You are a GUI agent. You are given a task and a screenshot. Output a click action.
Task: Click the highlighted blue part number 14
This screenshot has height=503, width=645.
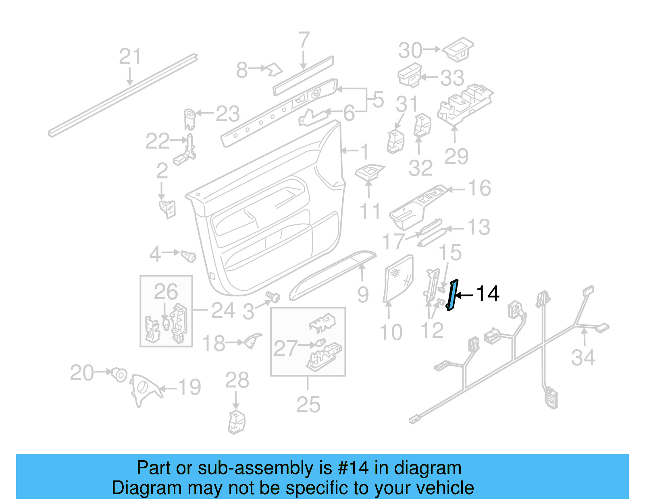coord(452,295)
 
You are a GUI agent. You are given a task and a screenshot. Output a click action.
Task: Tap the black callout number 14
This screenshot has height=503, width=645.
coord(487,294)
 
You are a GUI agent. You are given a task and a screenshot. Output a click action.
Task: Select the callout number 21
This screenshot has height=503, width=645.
coord(130,56)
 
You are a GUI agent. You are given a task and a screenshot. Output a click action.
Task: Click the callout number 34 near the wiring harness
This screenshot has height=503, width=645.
coord(583,358)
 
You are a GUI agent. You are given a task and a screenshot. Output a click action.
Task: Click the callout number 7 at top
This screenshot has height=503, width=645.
coord(304,40)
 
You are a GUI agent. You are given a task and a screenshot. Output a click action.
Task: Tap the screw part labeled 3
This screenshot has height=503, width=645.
coord(274,298)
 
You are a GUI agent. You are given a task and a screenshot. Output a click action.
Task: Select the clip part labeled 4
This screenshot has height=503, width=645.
coord(188,255)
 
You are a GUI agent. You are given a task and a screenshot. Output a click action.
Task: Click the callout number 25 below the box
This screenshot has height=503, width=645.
coord(308,404)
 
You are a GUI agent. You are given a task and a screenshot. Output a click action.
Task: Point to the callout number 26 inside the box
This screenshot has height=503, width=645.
coord(165,292)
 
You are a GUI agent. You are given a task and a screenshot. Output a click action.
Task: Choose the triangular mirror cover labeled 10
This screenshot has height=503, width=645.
coord(398,278)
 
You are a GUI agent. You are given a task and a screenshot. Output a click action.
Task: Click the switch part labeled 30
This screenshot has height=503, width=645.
coord(459,50)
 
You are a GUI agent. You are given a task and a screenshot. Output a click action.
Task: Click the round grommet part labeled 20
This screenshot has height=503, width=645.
coord(119,375)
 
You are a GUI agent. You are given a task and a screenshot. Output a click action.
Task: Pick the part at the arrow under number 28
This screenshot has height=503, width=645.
coord(237,422)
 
